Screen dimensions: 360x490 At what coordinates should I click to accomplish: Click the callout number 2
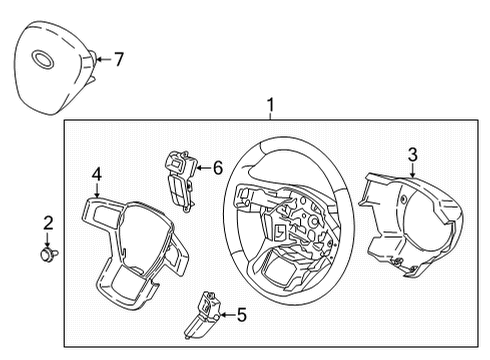(46, 222)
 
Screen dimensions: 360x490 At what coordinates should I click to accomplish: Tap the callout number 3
(411, 154)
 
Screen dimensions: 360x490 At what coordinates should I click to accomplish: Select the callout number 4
(96, 174)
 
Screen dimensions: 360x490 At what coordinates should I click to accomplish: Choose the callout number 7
(118, 60)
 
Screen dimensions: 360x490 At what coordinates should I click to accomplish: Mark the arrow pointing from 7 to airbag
(102, 60)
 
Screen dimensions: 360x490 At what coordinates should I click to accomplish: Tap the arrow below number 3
(411, 174)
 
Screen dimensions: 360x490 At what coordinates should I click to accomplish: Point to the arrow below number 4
(97, 193)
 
